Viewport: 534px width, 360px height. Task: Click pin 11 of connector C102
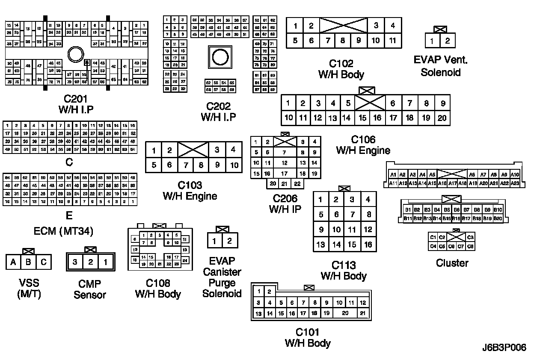[x=392, y=41]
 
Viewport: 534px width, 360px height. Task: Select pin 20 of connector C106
[x=442, y=118]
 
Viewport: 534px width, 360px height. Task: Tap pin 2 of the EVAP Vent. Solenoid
[x=448, y=41]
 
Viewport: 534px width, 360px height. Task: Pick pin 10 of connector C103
[x=234, y=165]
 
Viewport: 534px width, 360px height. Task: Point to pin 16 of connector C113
[x=368, y=245]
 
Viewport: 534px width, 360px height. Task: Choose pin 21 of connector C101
[x=363, y=313]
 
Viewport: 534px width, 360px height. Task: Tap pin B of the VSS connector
[x=28, y=262]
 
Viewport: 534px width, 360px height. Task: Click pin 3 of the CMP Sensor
[x=75, y=262]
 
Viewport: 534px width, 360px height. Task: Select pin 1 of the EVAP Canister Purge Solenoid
[x=214, y=241]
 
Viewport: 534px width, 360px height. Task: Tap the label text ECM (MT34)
[x=63, y=231]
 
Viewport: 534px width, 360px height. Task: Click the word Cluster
[x=452, y=263]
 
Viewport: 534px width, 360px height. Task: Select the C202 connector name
[x=218, y=106]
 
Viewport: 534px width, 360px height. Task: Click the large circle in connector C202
[x=220, y=57]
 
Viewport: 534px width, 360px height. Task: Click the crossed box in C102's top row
[x=344, y=25]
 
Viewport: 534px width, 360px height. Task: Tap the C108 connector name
[x=158, y=283]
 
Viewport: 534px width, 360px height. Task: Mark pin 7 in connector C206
[x=284, y=152]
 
